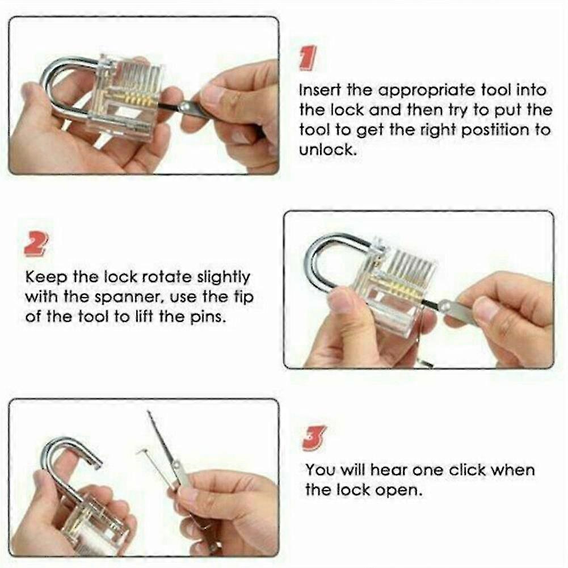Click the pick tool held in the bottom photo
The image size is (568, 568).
[165, 448]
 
